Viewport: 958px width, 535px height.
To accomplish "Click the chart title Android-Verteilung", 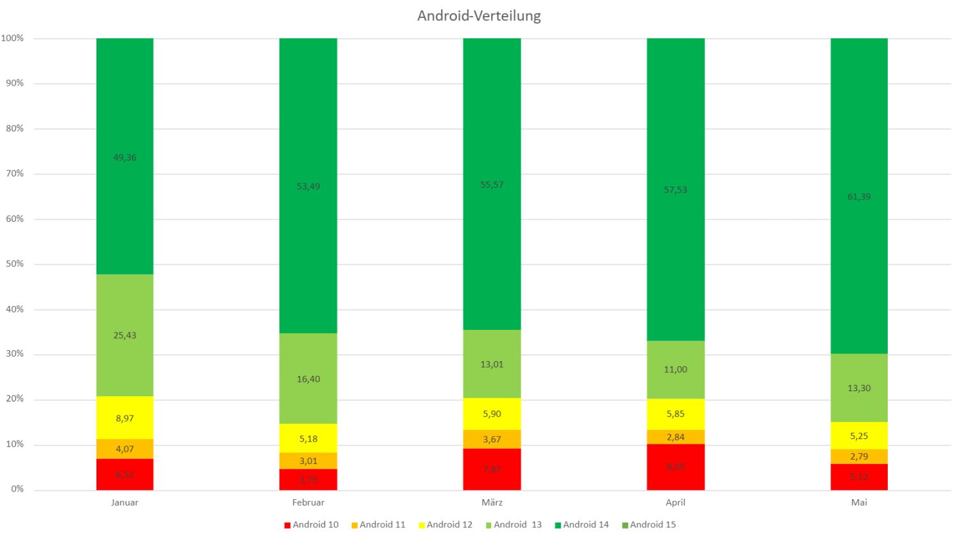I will point(479,16).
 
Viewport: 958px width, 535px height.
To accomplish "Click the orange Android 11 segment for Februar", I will point(308,461).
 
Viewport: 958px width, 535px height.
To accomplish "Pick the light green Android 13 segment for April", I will point(676,369).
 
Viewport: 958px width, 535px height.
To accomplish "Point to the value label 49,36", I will point(125,157).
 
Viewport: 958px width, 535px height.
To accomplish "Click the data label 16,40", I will point(308,379).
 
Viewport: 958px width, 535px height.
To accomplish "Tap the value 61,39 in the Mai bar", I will point(859,196).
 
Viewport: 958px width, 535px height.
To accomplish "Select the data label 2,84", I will point(676,437).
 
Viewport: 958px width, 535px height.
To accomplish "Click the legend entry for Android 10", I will point(312,525).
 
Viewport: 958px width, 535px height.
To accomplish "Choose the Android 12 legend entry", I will point(446,525).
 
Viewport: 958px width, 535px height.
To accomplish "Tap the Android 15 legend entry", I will point(649,525).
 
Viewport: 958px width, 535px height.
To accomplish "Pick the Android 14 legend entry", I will point(582,525).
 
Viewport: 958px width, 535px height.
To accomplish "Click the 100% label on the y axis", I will point(12,38).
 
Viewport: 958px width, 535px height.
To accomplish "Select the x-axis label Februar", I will point(308,502).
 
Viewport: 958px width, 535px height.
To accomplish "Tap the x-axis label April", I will point(676,502).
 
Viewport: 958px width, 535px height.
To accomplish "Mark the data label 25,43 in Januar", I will point(125,335).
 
